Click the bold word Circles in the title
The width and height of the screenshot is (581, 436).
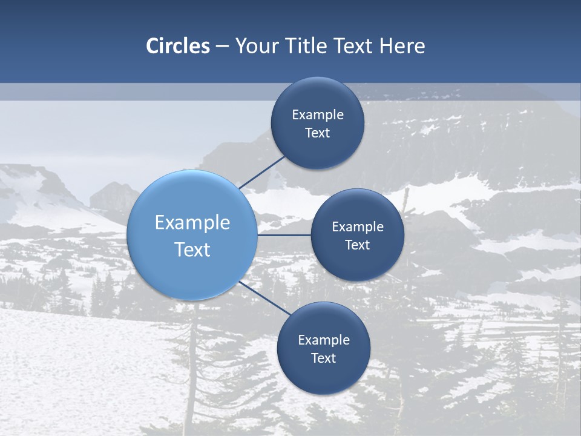coord(178,46)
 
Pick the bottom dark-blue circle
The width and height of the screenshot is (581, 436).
coord(323,375)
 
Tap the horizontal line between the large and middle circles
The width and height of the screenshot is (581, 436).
coord(284,235)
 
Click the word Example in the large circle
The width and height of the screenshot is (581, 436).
coord(192,223)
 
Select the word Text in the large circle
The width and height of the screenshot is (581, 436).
coord(192,249)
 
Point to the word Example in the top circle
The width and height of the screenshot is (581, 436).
coord(318,114)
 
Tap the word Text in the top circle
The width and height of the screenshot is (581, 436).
coord(317,133)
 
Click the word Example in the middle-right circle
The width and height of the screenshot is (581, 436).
coord(358,226)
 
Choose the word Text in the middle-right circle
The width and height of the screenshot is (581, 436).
coord(357,245)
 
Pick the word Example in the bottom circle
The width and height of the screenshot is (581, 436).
coord(324,340)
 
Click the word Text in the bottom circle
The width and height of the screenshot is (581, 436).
coord(323,358)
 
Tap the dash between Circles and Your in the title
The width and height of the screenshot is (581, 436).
coord(222,46)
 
